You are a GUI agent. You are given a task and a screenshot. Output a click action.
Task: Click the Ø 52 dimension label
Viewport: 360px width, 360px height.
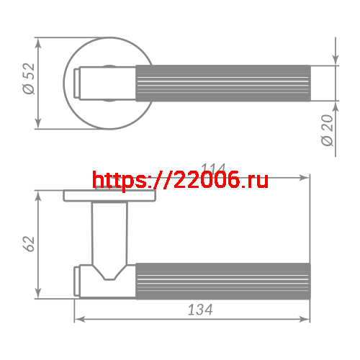(x=28, y=79)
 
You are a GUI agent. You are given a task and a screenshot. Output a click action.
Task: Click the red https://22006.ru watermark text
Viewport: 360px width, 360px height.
(x=181, y=180)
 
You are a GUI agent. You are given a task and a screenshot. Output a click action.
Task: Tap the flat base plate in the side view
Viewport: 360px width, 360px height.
(x=109, y=196)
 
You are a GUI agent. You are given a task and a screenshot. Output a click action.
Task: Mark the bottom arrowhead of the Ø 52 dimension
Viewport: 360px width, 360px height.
(x=37, y=125)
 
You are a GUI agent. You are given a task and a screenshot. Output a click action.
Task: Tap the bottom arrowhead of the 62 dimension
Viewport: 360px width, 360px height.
(x=37, y=293)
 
